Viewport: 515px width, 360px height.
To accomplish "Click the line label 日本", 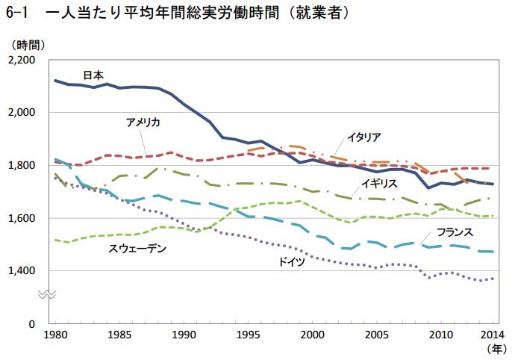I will (x=93, y=75).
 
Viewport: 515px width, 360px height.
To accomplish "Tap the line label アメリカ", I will (x=143, y=122).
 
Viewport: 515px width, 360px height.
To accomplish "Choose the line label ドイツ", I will (x=291, y=261).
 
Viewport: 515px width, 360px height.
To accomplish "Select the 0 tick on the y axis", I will (x=32, y=324).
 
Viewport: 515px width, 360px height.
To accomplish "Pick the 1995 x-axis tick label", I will (x=249, y=334).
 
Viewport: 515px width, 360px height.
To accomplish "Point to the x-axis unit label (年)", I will (x=496, y=349).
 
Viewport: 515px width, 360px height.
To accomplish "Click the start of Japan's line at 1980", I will (x=56, y=80).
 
